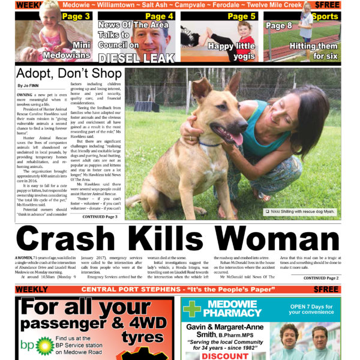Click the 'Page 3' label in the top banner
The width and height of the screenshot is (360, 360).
(x=76, y=16)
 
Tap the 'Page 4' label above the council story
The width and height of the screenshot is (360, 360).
(x=159, y=16)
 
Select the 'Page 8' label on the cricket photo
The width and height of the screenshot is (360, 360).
(x=279, y=26)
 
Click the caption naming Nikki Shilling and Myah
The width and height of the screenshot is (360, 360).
(x=303, y=212)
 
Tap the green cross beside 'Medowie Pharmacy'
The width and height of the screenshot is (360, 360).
(x=191, y=308)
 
